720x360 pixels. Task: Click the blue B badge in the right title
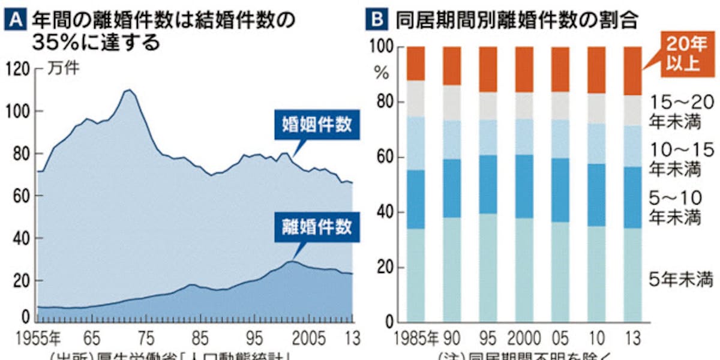tap(376, 20)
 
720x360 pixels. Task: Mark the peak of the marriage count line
tap(128, 90)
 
